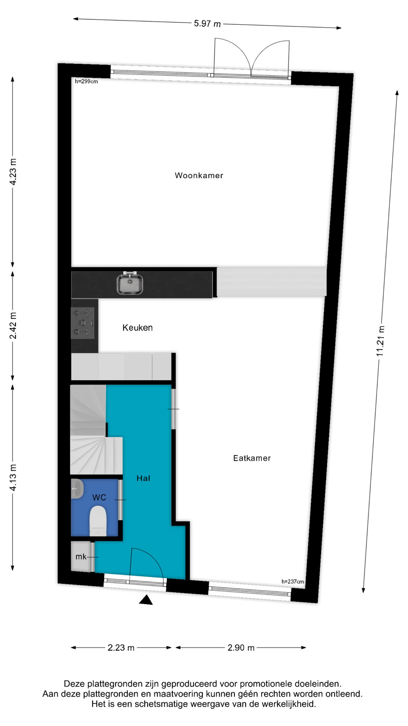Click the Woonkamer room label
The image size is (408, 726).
[199, 175]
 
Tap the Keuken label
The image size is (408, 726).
[138, 327]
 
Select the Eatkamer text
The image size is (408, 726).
[252, 458]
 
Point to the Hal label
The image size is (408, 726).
[143, 478]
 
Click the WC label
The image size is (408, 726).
[99, 498]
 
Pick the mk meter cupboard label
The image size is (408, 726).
[81, 557]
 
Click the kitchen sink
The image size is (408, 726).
[130, 284]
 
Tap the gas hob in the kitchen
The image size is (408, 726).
[83, 323]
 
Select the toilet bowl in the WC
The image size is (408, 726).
[98, 521]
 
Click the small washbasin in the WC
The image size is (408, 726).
[77, 489]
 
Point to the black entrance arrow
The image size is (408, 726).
[146, 600]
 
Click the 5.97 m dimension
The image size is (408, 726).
[207, 23]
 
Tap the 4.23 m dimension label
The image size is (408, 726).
[13, 172]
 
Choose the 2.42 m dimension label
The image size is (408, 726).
[13, 326]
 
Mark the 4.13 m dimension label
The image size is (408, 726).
[13, 478]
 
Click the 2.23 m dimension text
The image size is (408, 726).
[121, 648]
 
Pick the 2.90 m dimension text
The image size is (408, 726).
[241, 648]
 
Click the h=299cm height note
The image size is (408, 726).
[87, 81]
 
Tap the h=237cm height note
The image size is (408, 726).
[293, 582]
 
